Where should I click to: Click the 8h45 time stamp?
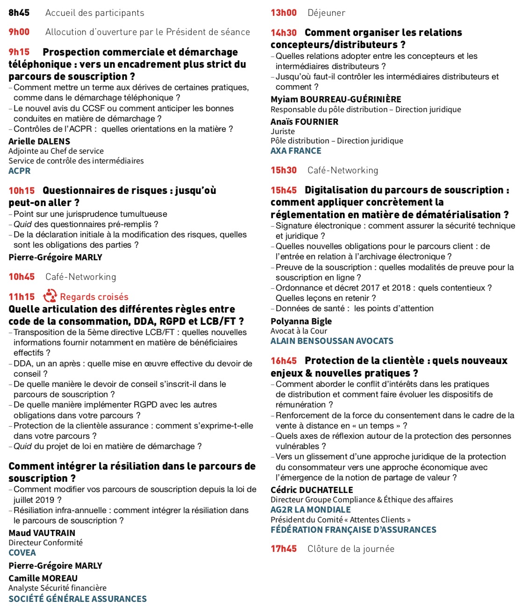(19, 13)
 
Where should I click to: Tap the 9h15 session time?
(19, 52)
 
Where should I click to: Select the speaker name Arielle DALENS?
(39, 141)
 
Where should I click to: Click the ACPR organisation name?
(20, 171)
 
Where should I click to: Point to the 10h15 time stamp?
(21, 191)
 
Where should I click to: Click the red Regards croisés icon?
(50, 296)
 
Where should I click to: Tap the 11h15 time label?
(21, 297)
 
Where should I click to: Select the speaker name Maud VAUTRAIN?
(42, 533)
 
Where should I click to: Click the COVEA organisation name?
(22, 552)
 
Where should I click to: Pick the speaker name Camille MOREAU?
(43, 578)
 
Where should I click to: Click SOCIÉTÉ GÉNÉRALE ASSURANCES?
(78, 599)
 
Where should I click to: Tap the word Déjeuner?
(326, 13)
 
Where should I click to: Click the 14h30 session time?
(284, 33)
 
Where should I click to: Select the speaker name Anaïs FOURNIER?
(304, 122)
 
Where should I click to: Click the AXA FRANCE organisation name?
(296, 151)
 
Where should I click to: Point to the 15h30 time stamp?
(284, 170)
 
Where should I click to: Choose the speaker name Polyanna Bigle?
(301, 321)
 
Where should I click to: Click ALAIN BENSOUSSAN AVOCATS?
(332, 341)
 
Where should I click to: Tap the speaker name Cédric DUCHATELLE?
(312, 490)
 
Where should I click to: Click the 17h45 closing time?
(284, 549)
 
